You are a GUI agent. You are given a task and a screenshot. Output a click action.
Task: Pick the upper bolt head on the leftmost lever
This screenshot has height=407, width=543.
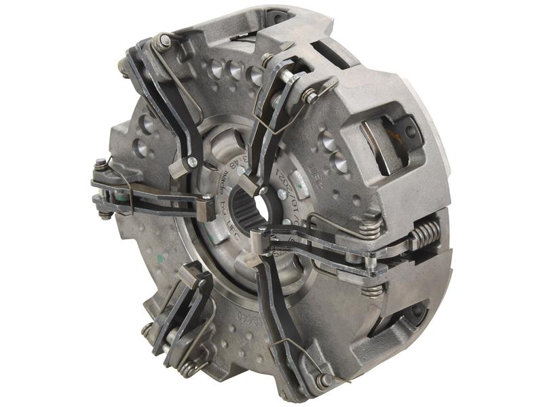coord(100,164)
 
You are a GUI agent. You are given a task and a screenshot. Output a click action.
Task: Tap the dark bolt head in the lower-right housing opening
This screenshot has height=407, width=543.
coord(411,312)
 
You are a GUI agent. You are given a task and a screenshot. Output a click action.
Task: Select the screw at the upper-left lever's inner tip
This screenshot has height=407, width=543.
coord(192,161)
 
